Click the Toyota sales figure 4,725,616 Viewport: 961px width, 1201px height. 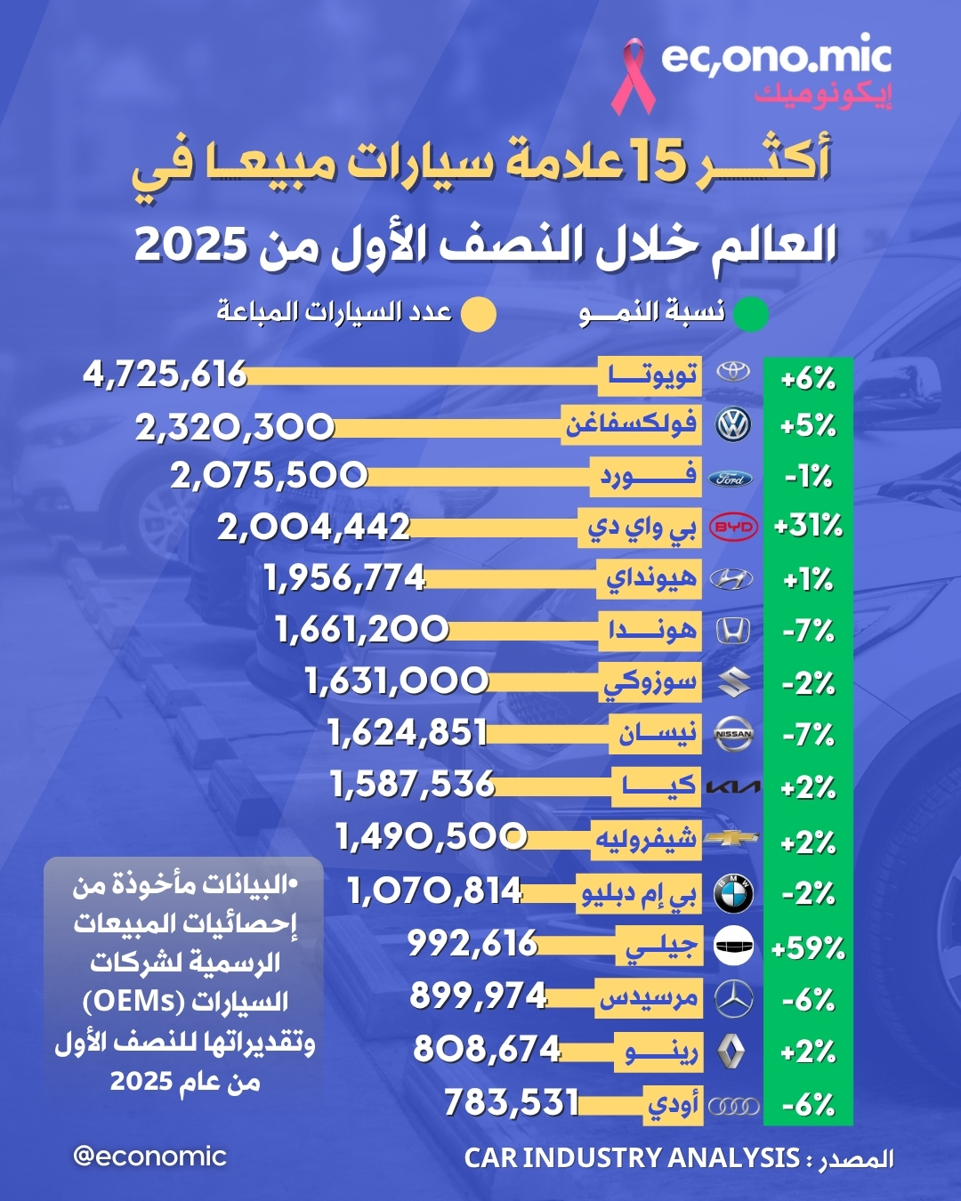[165, 375]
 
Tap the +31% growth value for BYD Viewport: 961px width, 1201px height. [808, 526]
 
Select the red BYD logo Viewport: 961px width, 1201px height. [733, 527]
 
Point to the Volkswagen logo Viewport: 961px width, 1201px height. [733, 425]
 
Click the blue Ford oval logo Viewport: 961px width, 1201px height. [731, 479]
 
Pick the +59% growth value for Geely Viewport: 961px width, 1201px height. [808, 948]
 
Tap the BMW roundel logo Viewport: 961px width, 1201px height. [733, 893]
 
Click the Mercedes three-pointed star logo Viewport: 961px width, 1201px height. [733, 999]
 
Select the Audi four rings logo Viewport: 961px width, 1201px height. [733, 1106]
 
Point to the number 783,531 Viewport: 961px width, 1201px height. [512, 1103]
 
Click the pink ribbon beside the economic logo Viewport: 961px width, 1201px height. [633, 76]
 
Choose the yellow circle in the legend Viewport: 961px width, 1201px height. [479, 314]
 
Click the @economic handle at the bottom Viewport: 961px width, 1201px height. [149, 1157]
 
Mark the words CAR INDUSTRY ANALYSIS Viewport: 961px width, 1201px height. [632, 1157]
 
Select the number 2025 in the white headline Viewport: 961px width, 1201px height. [190, 245]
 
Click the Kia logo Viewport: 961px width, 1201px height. [733, 787]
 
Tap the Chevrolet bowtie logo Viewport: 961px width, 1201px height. [731, 839]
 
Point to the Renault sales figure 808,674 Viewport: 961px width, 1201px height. [487, 1050]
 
